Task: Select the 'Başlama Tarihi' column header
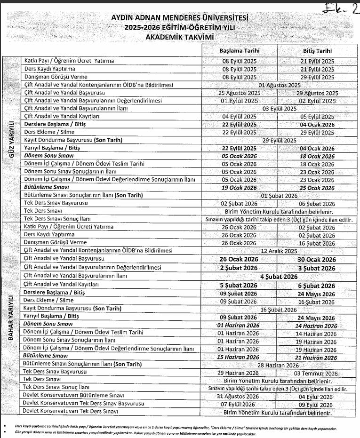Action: [240, 50]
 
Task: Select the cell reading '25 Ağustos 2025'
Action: [240, 93]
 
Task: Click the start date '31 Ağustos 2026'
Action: [240, 397]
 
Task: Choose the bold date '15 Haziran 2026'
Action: [240, 357]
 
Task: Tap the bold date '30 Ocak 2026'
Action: [316, 259]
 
